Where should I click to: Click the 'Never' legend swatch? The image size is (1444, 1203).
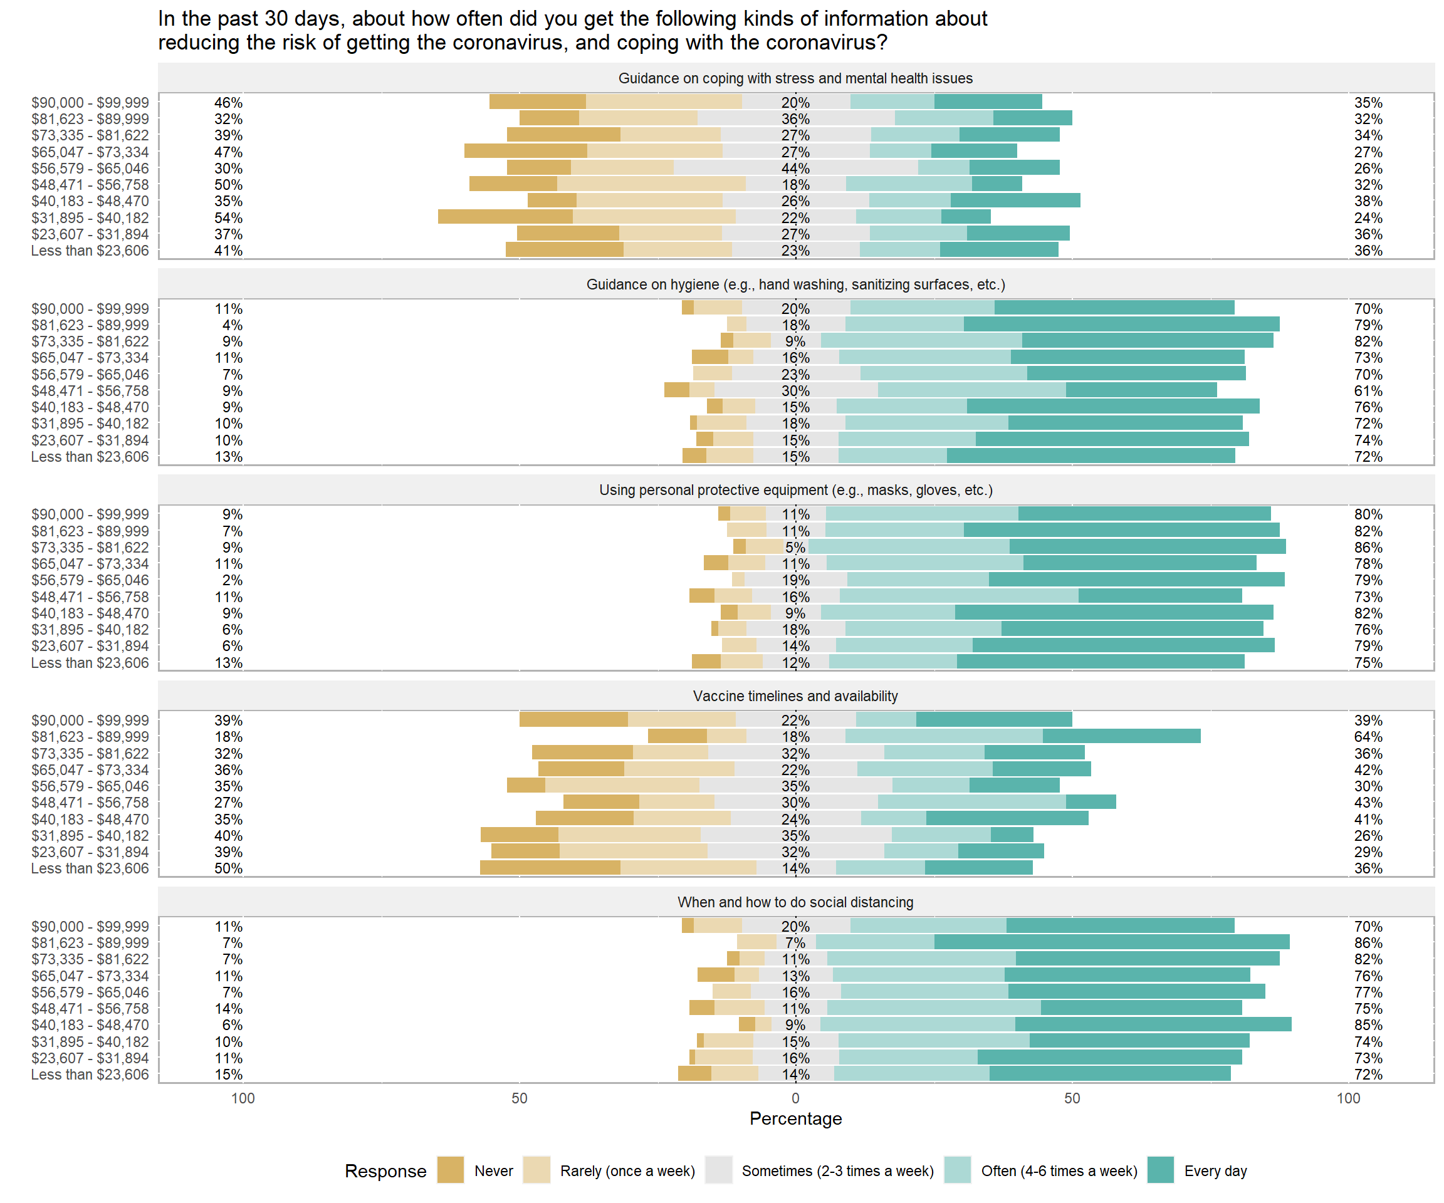pos(451,1170)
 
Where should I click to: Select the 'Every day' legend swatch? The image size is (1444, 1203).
pos(1161,1170)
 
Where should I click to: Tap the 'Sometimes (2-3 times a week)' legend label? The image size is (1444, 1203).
pos(837,1170)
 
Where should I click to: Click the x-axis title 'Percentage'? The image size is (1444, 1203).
pos(795,1118)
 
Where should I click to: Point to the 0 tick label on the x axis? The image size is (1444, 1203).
pos(795,1098)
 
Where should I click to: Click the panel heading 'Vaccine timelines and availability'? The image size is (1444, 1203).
pos(795,695)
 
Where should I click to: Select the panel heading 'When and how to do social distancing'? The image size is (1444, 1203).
pos(795,902)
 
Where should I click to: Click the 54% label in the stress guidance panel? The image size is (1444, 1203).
pos(228,218)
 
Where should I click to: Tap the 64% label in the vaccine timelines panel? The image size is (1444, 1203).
pos(1368,737)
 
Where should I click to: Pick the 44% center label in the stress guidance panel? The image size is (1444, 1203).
pos(795,169)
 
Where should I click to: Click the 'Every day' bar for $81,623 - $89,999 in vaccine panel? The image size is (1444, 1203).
pos(1121,736)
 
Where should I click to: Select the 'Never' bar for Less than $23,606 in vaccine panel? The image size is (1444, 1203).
pos(550,868)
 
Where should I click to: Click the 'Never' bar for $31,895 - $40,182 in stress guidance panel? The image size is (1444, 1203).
pos(505,217)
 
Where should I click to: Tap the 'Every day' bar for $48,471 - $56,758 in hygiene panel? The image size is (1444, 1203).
pos(1141,390)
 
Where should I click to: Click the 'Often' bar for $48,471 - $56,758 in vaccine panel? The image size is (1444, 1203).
pos(971,801)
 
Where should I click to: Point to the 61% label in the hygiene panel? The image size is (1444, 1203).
pos(1368,391)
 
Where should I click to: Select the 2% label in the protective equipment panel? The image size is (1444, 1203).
pos(233,580)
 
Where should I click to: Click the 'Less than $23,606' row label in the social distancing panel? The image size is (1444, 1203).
pos(90,1075)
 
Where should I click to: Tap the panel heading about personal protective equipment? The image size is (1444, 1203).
pos(795,490)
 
